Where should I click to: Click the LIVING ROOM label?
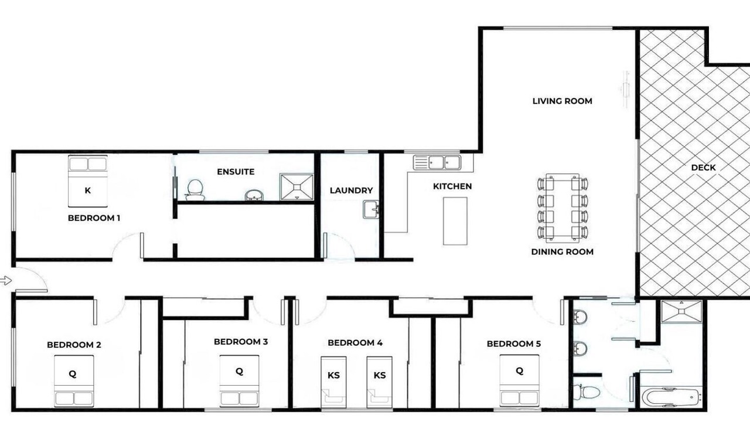tap(562, 101)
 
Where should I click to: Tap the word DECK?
tap(703, 168)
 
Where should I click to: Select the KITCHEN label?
tap(452, 186)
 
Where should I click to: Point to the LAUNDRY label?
tap(351, 190)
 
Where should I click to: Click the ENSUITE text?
tap(236, 172)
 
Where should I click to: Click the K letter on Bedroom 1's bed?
tap(88, 190)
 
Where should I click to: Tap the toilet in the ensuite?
tap(195, 190)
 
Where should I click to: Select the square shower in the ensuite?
tap(296, 187)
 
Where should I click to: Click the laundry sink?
tap(371, 210)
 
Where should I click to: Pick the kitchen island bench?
tap(455, 221)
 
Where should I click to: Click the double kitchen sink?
tap(437, 163)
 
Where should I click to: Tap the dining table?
tap(562, 207)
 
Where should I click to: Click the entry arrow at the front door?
tap(6, 281)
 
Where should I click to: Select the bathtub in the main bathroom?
tap(671, 397)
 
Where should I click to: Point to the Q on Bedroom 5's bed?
tap(519, 371)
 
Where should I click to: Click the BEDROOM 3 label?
tap(241, 342)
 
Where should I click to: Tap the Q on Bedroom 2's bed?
tap(72, 374)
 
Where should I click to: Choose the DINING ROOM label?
tap(562, 252)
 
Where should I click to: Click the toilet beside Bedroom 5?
tap(587, 392)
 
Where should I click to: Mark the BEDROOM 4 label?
tap(355, 343)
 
